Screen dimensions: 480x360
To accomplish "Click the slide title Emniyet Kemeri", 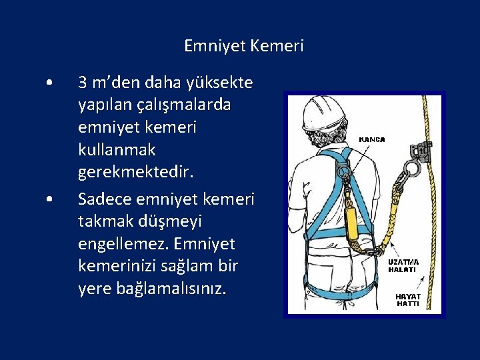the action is click(x=244, y=46).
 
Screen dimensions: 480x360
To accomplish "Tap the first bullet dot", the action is click(x=49, y=83).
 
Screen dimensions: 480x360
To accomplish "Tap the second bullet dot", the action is click(x=49, y=199).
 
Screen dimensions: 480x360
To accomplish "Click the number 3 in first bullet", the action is click(x=83, y=83).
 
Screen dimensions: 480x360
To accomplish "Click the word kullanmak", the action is click(x=117, y=150).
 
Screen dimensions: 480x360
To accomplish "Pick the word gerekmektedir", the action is click(x=136, y=173).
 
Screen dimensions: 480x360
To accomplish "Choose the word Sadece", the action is click(x=105, y=199).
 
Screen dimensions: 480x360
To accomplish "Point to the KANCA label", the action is click(x=371, y=139).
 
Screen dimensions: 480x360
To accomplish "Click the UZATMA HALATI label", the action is click(x=403, y=266).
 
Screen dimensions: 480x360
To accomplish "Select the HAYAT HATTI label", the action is click(x=408, y=300).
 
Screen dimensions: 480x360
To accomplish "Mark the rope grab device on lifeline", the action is click(x=421, y=150).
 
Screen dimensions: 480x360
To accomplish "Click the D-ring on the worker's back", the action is click(x=344, y=171).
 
